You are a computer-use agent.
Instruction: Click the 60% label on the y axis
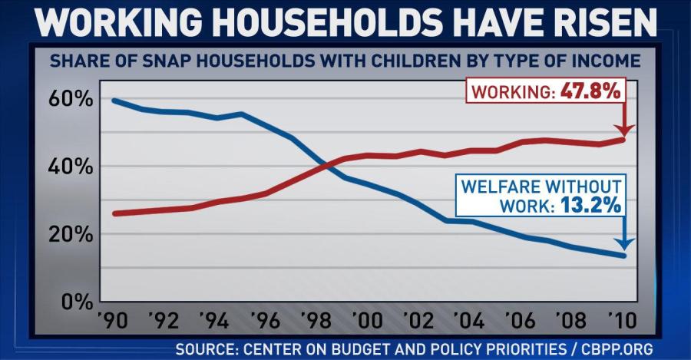[72, 100]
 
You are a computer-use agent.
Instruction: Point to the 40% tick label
[72, 167]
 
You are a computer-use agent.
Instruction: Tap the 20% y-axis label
[72, 234]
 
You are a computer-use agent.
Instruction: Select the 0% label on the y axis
[78, 301]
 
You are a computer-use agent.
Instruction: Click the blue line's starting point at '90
[114, 101]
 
